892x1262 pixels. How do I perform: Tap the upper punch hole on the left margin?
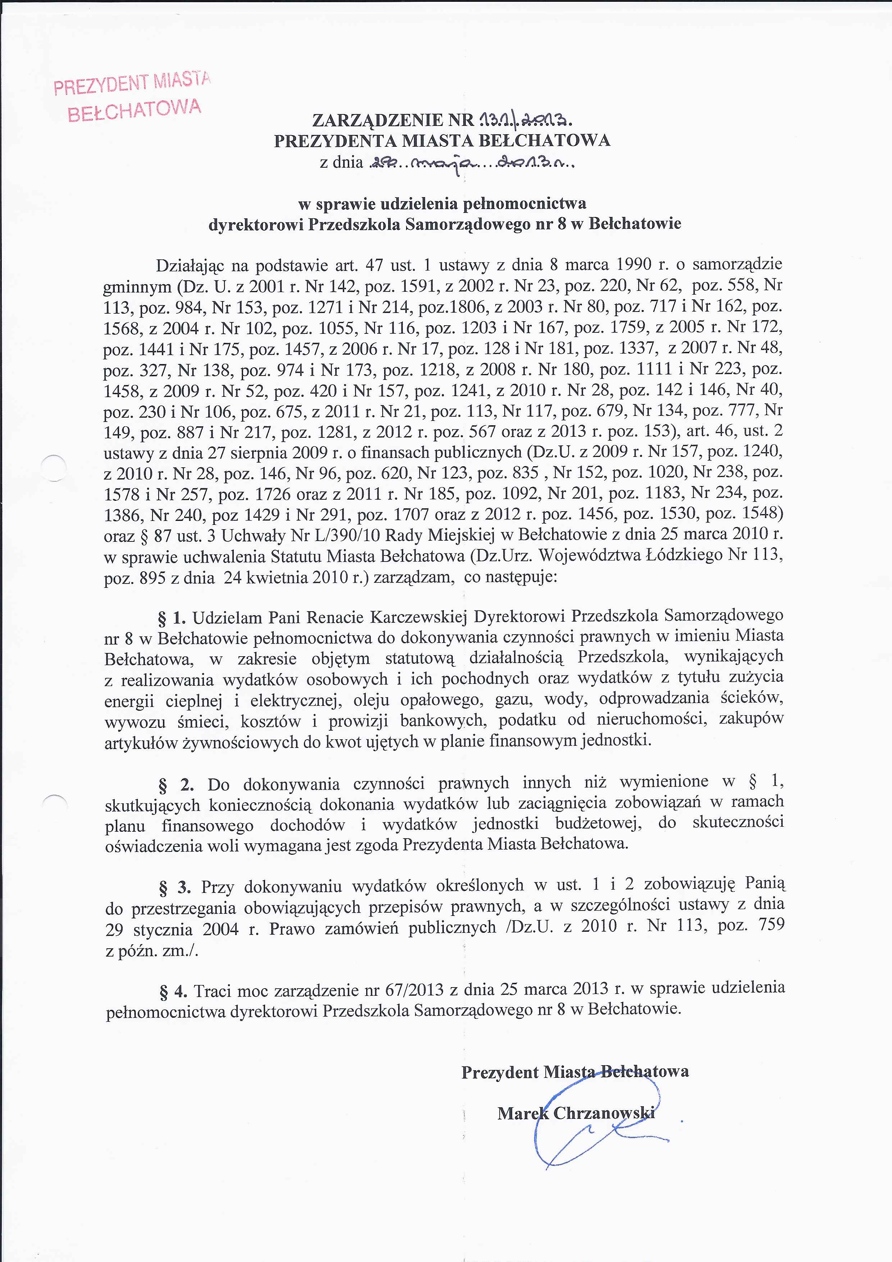[x=54, y=469]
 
